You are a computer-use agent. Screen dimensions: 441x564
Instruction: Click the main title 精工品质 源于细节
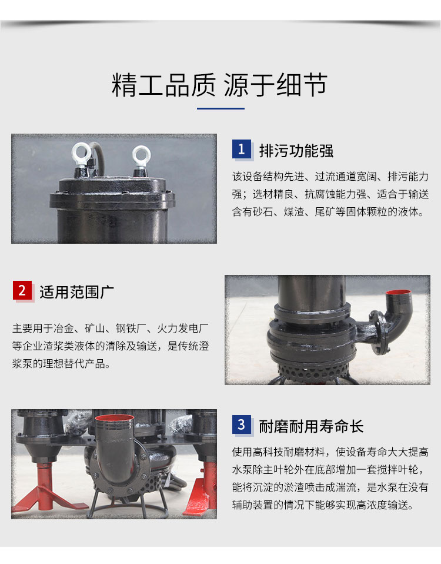(219, 85)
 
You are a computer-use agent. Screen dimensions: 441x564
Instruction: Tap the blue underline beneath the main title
(220, 108)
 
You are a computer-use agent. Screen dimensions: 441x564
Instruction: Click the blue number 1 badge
(241, 149)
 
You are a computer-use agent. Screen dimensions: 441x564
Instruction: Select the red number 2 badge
(22, 290)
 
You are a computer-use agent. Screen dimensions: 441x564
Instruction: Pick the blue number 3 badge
(241, 425)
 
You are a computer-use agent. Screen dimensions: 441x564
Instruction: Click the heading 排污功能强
(296, 151)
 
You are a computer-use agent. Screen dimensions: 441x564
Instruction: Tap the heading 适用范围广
(77, 292)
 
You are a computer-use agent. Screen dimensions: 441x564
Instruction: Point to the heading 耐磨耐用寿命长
(312, 427)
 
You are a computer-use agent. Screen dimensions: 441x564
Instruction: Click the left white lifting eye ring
(82, 154)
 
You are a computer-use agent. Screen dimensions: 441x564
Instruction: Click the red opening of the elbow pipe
(398, 293)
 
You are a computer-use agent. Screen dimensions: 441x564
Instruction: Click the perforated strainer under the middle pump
(312, 370)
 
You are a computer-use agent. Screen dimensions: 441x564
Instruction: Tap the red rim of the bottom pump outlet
(114, 418)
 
